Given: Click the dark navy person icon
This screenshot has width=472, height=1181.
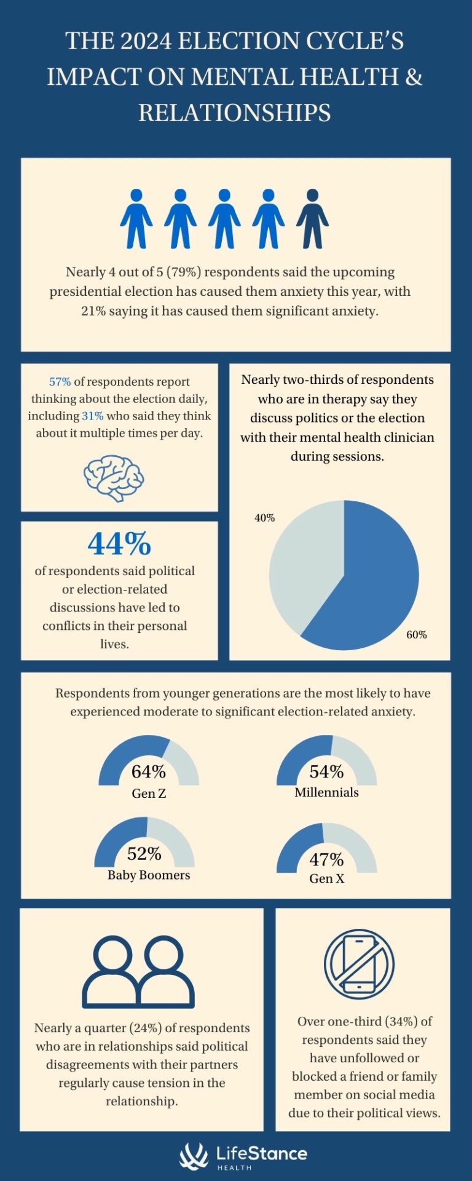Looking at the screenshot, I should coord(312,218).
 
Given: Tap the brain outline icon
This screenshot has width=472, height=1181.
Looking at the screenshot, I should coord(114,478).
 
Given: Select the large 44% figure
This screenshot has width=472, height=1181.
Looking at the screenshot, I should coord(119,543).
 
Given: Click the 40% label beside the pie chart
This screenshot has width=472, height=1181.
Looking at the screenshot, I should coord(264,518).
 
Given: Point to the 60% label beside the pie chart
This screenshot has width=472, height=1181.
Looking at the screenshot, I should coord(416,634).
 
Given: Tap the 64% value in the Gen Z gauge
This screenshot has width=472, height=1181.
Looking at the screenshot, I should coord(149,771).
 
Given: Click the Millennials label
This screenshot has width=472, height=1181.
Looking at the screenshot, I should coord(326,792).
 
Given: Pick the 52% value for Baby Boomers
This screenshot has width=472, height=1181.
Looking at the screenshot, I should coord(144,854).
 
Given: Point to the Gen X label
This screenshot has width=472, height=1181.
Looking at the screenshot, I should coord(326,878).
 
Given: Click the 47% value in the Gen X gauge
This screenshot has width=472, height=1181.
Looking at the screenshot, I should coord(326,859).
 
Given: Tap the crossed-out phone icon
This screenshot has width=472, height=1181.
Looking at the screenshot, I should coord(359,964).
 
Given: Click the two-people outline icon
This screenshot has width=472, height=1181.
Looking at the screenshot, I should coord(138,972).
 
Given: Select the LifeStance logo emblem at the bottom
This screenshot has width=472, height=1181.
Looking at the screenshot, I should coord(194,1156).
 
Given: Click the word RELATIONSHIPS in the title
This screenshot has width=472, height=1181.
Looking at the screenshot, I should coord(235,113).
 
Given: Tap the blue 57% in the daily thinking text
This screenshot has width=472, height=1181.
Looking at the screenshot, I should coord(60,382).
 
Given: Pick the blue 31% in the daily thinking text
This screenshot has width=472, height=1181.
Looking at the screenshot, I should coord(92,416).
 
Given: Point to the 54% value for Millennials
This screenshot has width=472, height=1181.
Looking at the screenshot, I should coord(326,771).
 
